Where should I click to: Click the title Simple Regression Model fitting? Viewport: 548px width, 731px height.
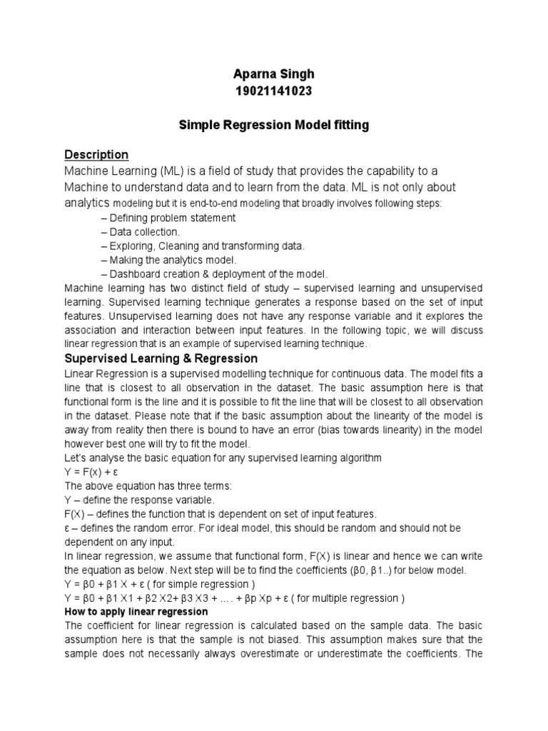[x=273, y=126]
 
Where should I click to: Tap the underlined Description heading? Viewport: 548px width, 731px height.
[x=96, y=155]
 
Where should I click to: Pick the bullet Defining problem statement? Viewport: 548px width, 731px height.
[x=168, y=218]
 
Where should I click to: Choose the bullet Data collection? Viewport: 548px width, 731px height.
[x=141, y=232]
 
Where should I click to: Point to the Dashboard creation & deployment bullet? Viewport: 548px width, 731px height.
[x=214, y=274]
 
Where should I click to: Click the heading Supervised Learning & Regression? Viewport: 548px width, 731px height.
[x=161, y=358]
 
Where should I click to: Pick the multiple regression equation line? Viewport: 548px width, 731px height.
[x=235, y=598]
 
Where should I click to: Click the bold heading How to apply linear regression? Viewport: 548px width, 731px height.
[x=136, y=612]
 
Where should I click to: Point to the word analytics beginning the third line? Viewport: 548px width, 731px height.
[x=88, y=203]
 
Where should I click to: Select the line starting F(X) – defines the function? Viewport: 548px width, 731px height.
[x=220, y=514]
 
